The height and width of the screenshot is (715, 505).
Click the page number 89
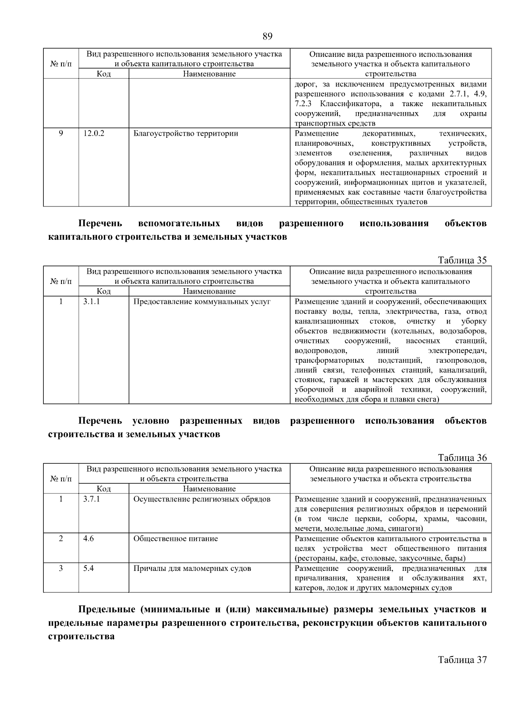click(x=267, y=36)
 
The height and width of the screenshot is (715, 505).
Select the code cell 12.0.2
click(x=93, y=134)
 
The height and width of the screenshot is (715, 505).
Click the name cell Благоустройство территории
click(x=186, y=134)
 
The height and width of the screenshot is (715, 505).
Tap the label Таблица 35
click(x=462, y=260)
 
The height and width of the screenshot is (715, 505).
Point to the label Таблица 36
click(x=462, y=458)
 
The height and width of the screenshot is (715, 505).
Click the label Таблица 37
click(x=462, y=660)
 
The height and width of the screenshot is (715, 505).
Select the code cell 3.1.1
click(x=91, y=302)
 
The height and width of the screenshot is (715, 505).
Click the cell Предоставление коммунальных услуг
click(x=202, y=302)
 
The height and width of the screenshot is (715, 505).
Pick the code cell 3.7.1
click(x=91, y=499)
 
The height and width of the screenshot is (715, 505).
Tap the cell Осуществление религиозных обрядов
click(x=202, y=499)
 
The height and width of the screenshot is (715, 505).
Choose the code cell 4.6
click(x=88, y=538)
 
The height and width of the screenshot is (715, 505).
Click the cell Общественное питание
click(x=175, y=538)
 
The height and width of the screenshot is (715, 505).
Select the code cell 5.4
click(x=88, y=568)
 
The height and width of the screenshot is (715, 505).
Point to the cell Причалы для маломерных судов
click(x=192, y=568)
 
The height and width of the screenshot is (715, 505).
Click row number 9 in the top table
click(x=61, y=134)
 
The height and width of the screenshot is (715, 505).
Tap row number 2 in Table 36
click(x=61, y=538)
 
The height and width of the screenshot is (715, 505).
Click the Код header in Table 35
click(x=104, y=291)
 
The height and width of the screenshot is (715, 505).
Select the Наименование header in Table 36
click(x=209, y=489)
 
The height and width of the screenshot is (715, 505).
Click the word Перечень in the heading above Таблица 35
click(x=100, y=223)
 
